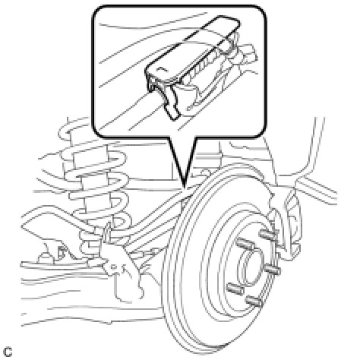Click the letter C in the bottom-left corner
8,352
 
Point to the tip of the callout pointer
185,188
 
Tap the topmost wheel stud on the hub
268,234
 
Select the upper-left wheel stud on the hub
245,245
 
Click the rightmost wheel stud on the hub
273,270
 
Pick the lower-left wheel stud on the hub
235,288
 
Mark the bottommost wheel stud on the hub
254,300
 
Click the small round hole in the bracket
114,266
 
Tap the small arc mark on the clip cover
160,68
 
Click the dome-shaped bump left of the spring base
43,257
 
